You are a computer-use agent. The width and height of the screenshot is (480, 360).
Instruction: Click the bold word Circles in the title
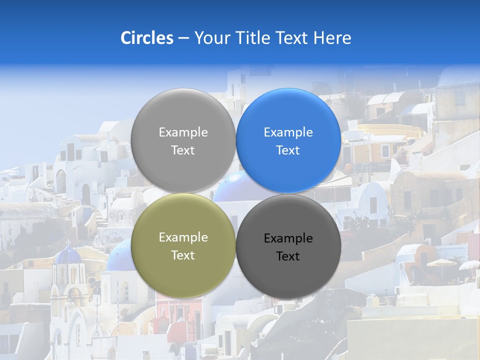click(146, 38)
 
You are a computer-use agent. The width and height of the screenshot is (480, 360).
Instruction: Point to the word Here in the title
click(332, 38)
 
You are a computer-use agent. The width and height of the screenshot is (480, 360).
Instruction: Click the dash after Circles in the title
click(183, 38)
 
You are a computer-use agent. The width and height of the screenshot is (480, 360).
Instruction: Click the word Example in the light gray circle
click(183, 132)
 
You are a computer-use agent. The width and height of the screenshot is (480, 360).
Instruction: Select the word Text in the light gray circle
click(183, 150)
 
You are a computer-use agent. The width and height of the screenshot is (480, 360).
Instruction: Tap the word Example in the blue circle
click(288, 132)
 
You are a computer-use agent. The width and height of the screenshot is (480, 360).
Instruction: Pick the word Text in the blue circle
click(288, 150)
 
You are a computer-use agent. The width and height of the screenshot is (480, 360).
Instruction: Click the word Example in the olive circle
click(183, 237)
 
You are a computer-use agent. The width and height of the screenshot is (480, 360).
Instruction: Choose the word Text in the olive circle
click(183, 255)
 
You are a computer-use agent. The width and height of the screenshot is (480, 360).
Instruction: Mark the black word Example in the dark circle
click(288, 238)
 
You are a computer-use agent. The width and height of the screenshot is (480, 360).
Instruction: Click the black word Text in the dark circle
click(288, 256)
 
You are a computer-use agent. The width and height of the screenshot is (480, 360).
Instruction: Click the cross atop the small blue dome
click(68, 242)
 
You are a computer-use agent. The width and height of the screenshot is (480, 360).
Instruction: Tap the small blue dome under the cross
click(68, 255)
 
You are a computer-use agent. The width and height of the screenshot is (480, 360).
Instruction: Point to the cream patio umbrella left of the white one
click(441, 263)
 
